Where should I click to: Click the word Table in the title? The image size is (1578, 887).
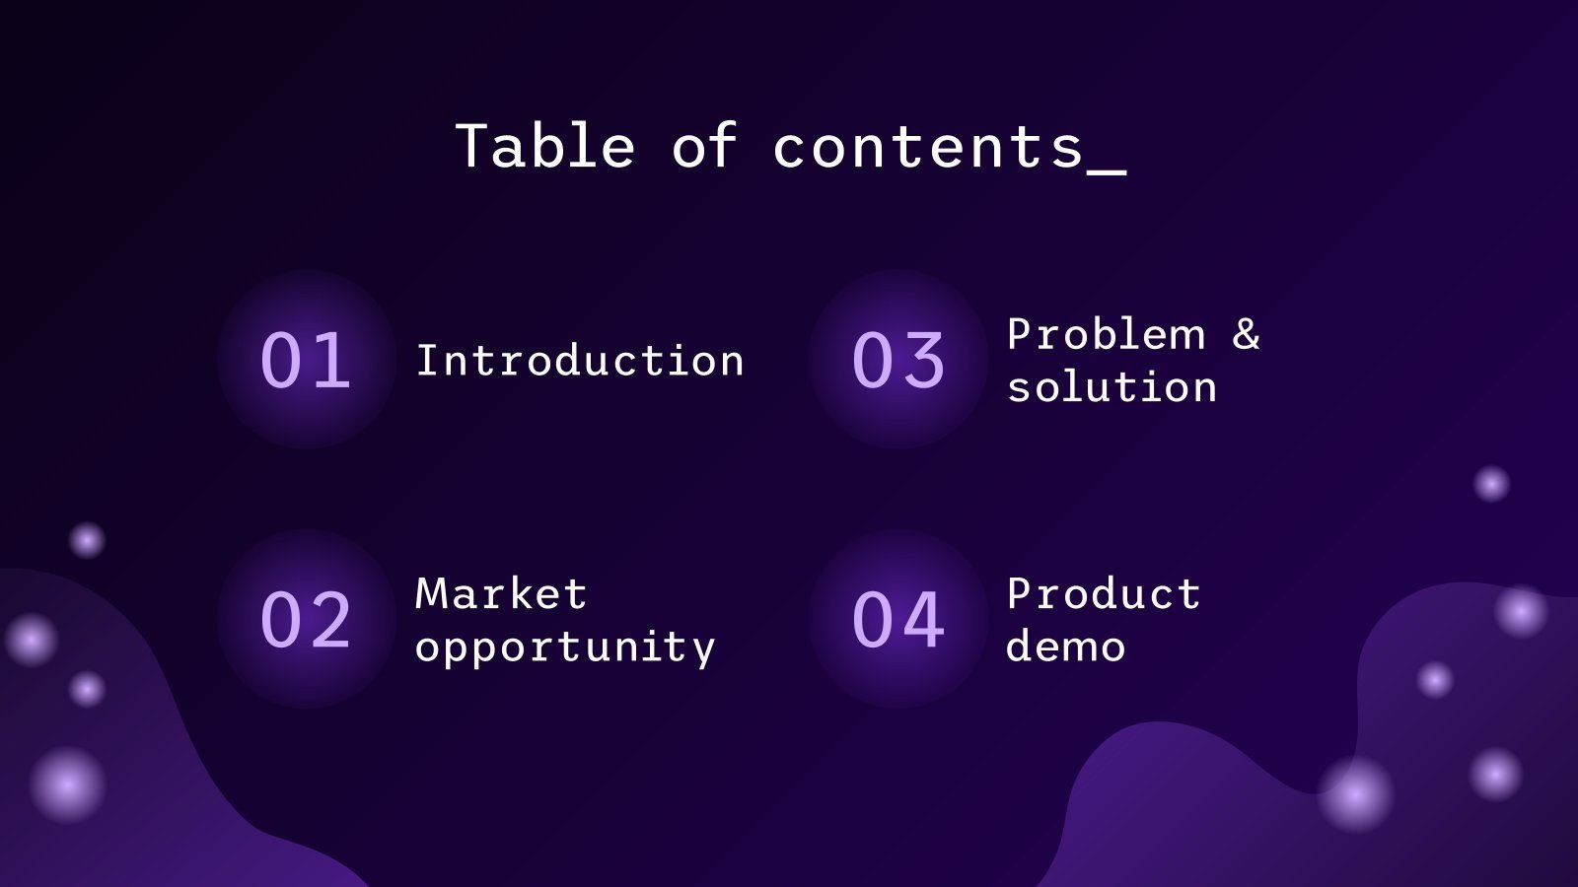[x=544, y=147]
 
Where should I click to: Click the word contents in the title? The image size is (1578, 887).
[x=928, y=147]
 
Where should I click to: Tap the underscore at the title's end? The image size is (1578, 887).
[x=1107, y=171]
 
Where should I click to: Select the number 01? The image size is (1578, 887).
[x=306, y=361]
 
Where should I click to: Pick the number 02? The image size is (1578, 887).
[x=306, y=620]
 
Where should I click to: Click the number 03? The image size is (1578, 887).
[x=898, y=361]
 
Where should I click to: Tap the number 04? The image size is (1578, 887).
[x=898, y=620]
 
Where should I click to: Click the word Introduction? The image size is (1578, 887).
[x=580, y=361]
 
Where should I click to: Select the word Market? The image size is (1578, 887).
[x=501, y=594]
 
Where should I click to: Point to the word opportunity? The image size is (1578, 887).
[x=565, y=648]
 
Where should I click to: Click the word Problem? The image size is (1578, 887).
[x=1106, y=335]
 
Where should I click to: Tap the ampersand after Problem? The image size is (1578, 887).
[x=1247, y=335]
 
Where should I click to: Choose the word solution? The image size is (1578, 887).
[x=1112, y=387]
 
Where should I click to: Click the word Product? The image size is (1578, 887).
[x=1104, y=594]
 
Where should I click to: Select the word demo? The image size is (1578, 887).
[x=1065, y=648]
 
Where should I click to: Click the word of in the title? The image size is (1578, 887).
[x=704, y=147]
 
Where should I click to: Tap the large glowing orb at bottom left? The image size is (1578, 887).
[x=67, y=785]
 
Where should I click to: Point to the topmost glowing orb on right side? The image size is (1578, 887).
[x=1491, y=484]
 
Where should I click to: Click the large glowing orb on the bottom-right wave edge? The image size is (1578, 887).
[x=1355, y=794]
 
